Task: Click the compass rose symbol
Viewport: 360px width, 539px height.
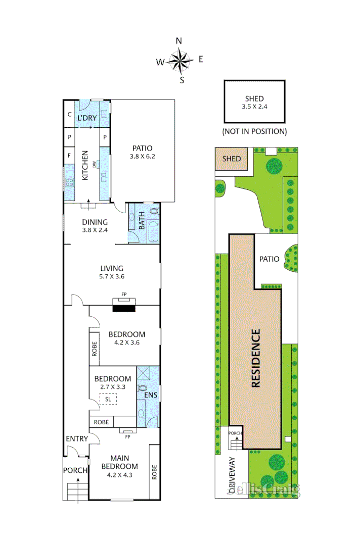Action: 181,61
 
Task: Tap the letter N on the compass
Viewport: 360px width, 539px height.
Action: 178,41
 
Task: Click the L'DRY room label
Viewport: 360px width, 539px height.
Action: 86,118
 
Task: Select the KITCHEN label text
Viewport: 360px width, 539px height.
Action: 85,165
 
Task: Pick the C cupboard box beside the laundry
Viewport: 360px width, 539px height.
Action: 69,115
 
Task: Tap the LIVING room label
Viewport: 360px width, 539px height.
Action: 111,268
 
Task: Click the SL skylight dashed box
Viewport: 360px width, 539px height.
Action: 108,399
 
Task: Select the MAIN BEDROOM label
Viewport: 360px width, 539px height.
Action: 119,462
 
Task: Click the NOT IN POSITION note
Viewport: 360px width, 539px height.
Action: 254,131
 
